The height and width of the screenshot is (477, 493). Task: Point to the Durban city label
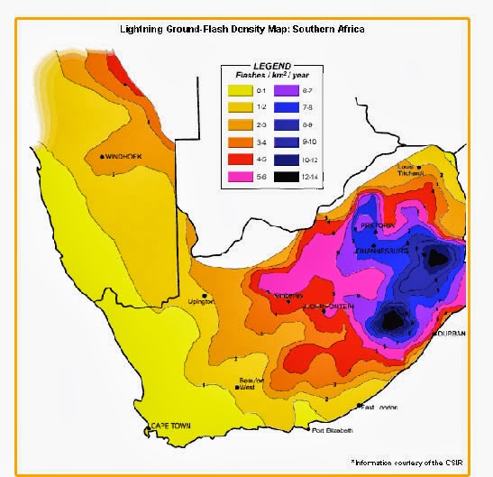click(451, 334)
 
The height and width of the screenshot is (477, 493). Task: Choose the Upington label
click(200, 301)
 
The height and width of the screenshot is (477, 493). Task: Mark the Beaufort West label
click(251, 386)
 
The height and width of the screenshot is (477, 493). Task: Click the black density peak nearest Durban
click(394, 317)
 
